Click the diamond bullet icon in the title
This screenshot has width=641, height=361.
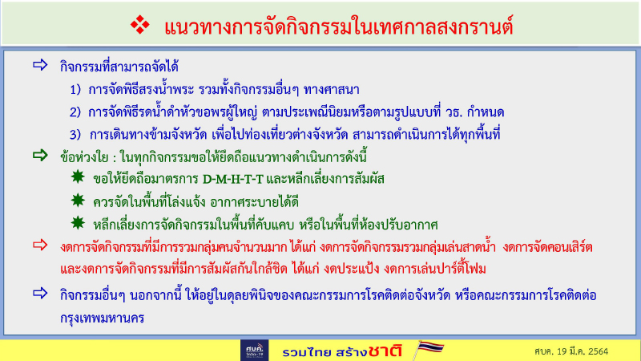click(x=140, y=26)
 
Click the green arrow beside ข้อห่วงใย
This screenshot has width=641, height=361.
click(x=39, y=155)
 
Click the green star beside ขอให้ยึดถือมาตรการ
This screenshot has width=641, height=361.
click(x=76, y=176)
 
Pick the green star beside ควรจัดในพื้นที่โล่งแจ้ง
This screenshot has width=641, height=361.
click(x=76, y=199)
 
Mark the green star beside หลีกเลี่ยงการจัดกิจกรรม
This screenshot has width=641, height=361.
click(x=76, y=221)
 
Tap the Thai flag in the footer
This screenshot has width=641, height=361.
click(x=430, y=349)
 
